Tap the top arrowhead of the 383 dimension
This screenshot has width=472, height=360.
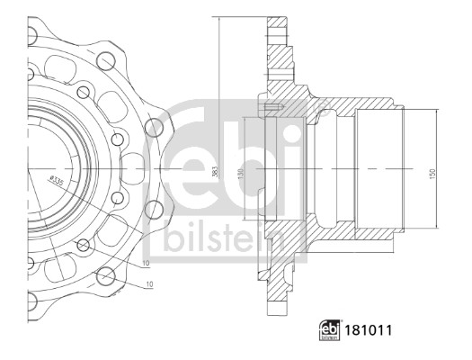(x=219, y=18)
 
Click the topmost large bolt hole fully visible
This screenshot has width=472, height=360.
(x=106, y=62)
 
